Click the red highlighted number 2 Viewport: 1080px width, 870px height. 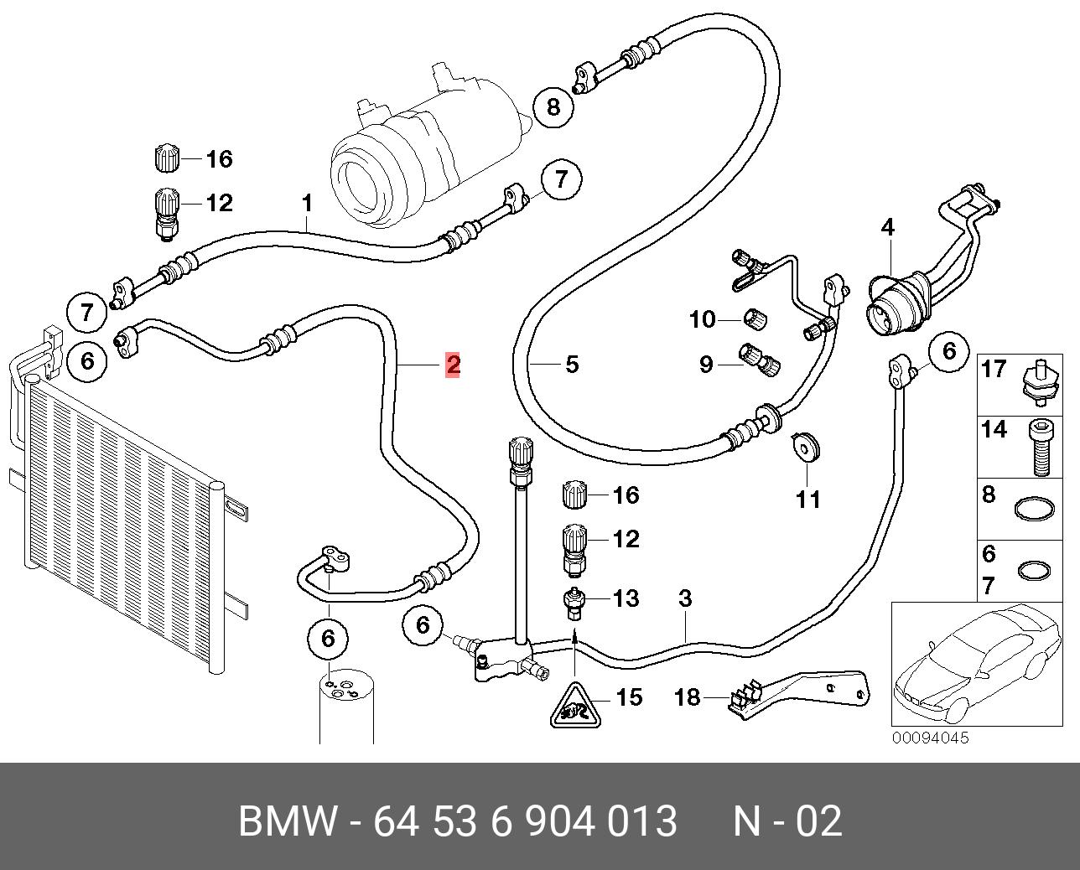453,365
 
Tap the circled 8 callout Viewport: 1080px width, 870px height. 553,107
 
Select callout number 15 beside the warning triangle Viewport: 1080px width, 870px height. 629,697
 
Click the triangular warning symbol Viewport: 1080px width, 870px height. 575,707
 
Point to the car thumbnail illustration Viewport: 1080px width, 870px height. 977,665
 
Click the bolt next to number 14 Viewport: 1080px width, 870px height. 1041,447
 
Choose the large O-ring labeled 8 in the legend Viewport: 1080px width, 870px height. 1034,510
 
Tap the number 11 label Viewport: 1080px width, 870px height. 808,500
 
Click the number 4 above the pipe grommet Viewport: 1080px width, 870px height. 888,228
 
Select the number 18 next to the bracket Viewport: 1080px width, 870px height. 687,697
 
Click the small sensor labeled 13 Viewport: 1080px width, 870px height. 574,605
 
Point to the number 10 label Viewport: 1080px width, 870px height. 702,319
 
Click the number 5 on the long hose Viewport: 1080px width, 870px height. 572,365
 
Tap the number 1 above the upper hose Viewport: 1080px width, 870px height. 307,203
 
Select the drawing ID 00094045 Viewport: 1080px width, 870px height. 931,738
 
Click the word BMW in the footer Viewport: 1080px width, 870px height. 288,821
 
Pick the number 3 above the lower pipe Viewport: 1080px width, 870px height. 685,598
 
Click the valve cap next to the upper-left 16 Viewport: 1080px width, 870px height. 166,158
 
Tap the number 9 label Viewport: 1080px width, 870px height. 706,365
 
